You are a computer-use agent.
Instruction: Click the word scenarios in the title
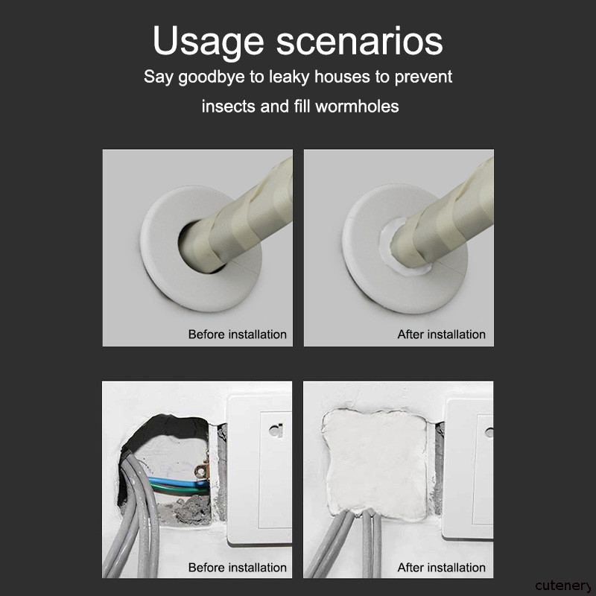click(x=360, y=41)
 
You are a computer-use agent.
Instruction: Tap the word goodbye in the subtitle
click(x=212, y=77)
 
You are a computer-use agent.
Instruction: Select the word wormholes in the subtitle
click(x=357, y=106)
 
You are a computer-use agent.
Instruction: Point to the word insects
click(x=229, y=107)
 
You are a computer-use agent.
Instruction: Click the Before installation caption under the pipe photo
click(x=237, y=335)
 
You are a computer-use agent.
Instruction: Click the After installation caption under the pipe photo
click(x=441, y=335)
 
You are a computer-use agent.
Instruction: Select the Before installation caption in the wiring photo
click(x=237, y=568)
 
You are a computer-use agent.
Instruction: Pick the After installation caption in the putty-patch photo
click(x=441, y=568)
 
